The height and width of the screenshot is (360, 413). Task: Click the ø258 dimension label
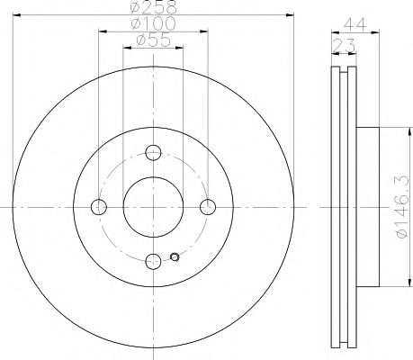(152, 9)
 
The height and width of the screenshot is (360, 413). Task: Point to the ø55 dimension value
(153, 40)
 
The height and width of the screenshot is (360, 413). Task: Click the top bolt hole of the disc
(153, 152)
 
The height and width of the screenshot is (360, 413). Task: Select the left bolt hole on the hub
(99, 207)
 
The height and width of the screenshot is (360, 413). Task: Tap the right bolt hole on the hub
(208, 207)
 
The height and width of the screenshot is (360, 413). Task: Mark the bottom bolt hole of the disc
(153, 261)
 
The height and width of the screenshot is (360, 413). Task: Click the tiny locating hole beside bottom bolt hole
(175, 260)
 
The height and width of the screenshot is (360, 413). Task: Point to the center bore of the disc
(153, 207)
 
